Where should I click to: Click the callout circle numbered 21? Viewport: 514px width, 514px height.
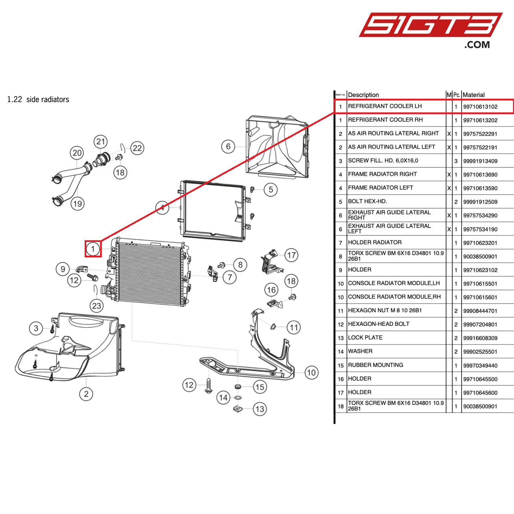click(x=100, y=142)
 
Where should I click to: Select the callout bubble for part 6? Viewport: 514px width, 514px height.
click(x=228, y=147)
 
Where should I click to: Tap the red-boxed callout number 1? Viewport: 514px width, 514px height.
click(x=93, y=249)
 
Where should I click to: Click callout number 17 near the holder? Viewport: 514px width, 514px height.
click(x=291, y=255)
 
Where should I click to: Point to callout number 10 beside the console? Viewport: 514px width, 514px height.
click(x=311, y=372)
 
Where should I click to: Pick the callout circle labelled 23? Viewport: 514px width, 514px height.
click(x=97, y=306)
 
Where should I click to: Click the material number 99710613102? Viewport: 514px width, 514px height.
click(x=480, y=107)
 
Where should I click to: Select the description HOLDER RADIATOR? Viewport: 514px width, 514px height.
click(x=375, y=243)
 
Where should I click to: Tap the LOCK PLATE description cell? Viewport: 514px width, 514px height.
click(x=365, y=338)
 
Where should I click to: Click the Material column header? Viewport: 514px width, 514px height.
click(x=474, y=95)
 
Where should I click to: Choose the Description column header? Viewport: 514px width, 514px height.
click(x=363, y=95)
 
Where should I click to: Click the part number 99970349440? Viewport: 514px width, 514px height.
click(x=480, y=366)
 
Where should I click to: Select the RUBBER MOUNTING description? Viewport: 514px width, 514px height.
click(x=375, y=365)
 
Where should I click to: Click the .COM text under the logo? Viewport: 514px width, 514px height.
click(x=477, y=45)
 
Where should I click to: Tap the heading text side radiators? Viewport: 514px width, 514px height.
click(x=48, y=99)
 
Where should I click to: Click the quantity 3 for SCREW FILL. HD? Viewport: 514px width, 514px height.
click(x=456, y=161)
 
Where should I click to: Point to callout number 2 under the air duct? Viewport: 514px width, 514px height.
click(x=86, y=394)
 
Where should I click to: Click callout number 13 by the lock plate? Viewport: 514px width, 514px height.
click(x=260, y=409)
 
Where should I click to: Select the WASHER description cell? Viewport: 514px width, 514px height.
click(x=360, y=351)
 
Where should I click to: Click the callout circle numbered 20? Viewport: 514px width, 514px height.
click(x=77, y=153)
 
